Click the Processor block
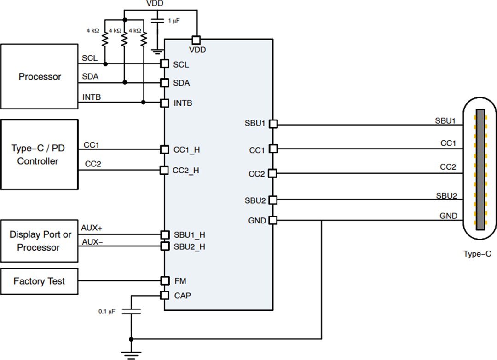(x=39, y=77)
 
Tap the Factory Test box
(x=39, y=281)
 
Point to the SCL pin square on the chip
(x=164, y=64)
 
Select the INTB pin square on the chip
(x=164, y=103)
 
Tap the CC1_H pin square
(x=164, y=149)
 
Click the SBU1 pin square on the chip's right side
(x=273, y=124)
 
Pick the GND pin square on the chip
(x=273, y=220)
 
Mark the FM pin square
(x=164, y=280)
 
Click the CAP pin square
(x=164, y=295)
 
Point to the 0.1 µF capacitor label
(x=107, y=311)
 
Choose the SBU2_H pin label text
(x=189, y=246)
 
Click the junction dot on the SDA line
(x=124, y=83)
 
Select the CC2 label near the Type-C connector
(x=448, y=167)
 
